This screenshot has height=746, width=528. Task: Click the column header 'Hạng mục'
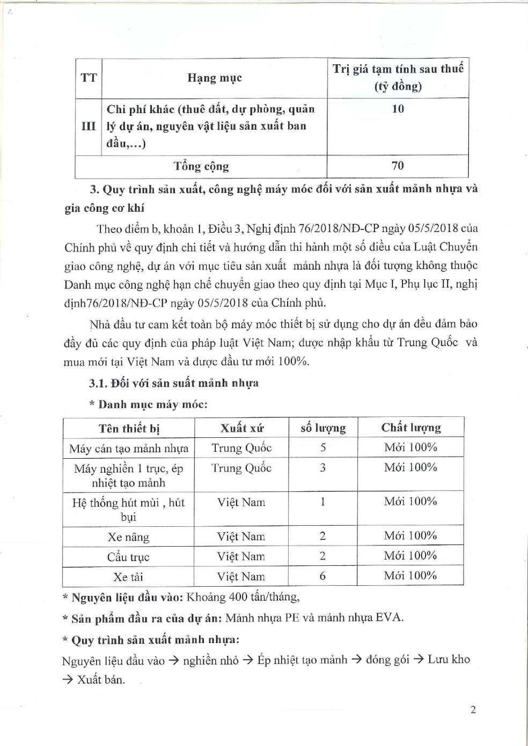pyautogui.click(x=215, y=78)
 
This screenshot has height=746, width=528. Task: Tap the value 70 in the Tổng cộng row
pyautogui.click(x=398, y=166)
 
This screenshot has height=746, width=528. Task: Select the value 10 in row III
pyautogui.click(x=398, y=109)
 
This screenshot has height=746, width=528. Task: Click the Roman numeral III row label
pyautogui.click(x=89, y=126)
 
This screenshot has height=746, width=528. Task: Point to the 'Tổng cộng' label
pyautogui.click(x=201, y=166)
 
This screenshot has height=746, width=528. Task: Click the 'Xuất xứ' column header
pyautogui.click(x=242, y=428)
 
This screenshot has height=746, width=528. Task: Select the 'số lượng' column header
pyautogui.click(x=323, y=428)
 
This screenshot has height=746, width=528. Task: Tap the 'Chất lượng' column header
pyautogui.click(x=411, y=428)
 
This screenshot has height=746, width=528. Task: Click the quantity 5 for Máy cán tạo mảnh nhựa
pyautogui.click(x=323, y=447)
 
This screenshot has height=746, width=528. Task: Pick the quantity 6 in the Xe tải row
pyautogui.click(x=322, y=576)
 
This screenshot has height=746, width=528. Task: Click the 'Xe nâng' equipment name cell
pyautogui.click(x=129, y=537)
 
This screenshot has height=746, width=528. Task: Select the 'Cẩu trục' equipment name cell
pyautogui.click(x=128, y=557)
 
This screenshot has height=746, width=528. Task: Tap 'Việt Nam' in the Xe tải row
pyautogui.click(x=241, y=577)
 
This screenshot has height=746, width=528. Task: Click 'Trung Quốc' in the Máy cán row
pyautogui.click(x=241, y=448)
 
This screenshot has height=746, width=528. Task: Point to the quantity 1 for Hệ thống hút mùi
pyautogui.click(x=322, y=502)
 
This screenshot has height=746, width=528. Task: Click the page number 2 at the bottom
pyautogui.click(x=473, y=711)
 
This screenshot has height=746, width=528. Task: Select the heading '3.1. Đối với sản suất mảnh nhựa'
pyautogui.click(x=174, y=383)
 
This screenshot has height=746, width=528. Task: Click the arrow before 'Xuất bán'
pyautogui.click(x=69, y=680)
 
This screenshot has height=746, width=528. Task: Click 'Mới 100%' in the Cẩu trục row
pyautogui.click(x=410, y=556)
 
